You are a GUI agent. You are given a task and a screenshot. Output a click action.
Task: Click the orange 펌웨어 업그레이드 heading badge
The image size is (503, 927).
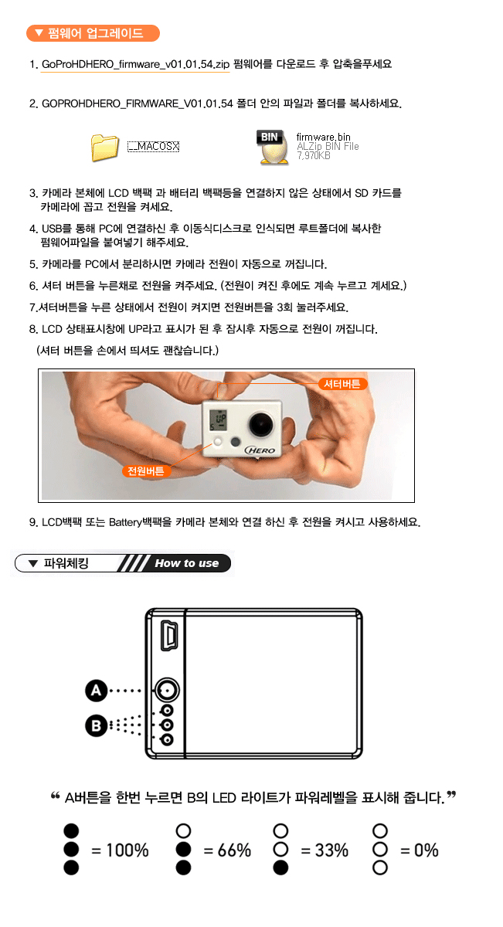point(93,33)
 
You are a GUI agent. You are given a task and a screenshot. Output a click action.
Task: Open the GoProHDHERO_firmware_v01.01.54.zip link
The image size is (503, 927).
point(135,65)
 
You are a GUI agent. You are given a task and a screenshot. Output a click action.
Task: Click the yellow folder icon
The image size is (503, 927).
point(105,148)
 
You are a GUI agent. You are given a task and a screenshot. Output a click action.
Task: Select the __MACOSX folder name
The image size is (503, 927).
point(153,146)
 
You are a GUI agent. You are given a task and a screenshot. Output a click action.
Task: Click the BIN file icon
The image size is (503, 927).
point(272,148)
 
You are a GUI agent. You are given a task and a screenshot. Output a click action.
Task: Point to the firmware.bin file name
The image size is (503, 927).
point(323,137)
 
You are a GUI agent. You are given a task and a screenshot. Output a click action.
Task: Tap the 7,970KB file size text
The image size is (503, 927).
point(314,155)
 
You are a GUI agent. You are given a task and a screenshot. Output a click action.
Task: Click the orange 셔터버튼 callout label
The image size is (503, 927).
point(342,384)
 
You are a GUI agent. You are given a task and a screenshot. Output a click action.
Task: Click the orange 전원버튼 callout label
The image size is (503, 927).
point(146,471)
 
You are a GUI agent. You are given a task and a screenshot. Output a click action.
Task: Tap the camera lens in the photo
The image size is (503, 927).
point(261,423)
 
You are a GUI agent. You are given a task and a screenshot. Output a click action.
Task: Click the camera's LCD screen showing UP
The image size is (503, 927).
point(218,420)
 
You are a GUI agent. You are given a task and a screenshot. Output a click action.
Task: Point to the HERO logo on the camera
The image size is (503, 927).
point(260,450)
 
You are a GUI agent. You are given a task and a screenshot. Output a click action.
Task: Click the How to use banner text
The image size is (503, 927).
point(187,563)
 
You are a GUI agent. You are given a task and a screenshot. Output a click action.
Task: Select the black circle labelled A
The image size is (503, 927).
point(96,691)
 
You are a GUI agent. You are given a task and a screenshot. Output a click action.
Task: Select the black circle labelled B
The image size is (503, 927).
point(96,725)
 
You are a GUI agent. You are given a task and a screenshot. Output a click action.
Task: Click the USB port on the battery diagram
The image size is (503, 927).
point(169,635)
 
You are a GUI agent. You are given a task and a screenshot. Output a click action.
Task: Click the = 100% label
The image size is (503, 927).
point(120,851)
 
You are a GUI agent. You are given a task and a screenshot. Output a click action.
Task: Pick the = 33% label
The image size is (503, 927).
point(325,851)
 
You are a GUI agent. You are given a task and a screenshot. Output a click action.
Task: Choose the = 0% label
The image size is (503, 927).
point(419,851)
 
